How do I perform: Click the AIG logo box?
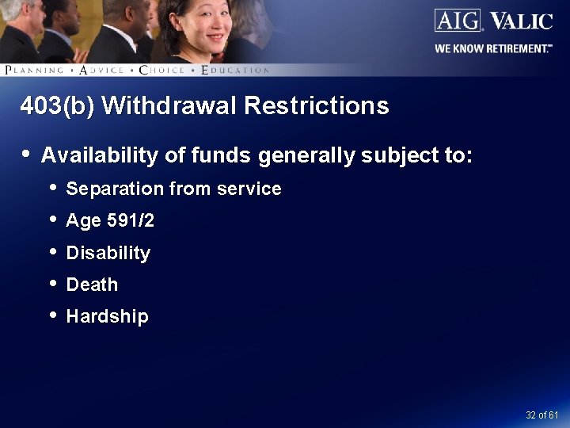[458, 20]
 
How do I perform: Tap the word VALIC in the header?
[521, 21]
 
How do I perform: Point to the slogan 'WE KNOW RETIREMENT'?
[493, 48]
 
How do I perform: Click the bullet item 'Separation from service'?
[173, 189]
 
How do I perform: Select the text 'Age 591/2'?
[110, 221]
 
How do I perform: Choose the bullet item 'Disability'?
[108, 253]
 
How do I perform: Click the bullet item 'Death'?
[92, 285]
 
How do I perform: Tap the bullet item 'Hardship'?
[107, 316]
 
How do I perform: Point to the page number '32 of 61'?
[542, 415]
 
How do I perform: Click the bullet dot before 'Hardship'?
[52, 315]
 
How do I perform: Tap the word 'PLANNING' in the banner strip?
[34, 70]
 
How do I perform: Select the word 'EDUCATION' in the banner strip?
[235, 70]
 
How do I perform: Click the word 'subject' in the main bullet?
[393, 155]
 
